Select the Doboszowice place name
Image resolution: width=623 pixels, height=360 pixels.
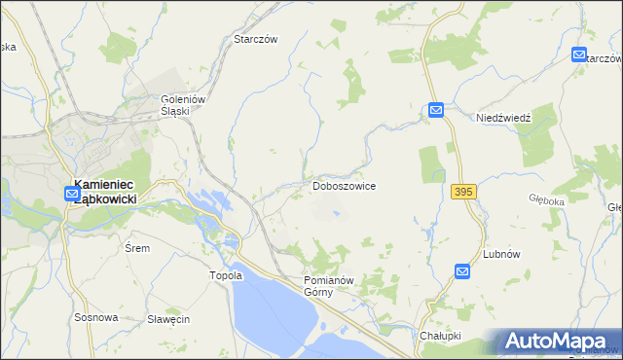(x=344, y=185)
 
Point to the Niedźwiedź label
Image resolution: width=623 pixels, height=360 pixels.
(x=503, y=118)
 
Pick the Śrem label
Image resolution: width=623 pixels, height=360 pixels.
(x=137, y=248)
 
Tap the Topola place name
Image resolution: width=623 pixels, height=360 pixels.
(x=225, y=275)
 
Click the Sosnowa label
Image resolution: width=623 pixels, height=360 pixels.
(x=96, y=317)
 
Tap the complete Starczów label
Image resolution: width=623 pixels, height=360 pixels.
(x=256, y=39)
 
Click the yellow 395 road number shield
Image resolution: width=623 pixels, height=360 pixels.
(x=463, y=193)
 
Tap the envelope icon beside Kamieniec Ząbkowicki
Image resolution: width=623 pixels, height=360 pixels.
(x=73, y=195)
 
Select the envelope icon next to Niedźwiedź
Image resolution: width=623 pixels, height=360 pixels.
(x=436, y=112)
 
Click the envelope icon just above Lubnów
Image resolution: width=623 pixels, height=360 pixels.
(x=463, y=272)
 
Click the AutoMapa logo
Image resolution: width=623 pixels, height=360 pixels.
(x=557, y=342)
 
